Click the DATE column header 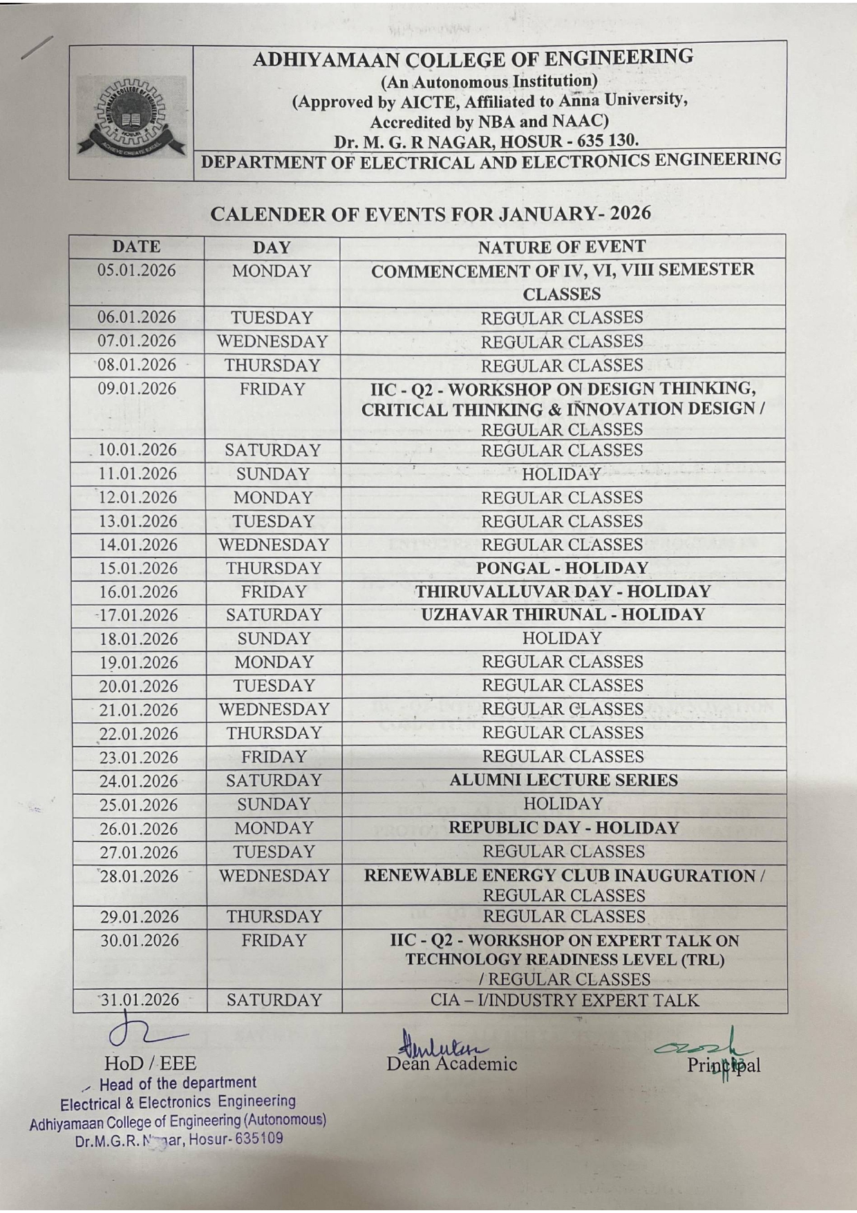136,247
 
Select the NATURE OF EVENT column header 561,247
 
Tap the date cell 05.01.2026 136,271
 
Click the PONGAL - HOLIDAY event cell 562,568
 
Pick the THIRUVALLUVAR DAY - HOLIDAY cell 563,592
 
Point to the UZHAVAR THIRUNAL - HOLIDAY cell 563,615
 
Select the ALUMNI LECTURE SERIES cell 563,780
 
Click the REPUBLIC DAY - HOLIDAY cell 563,828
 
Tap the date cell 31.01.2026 140,1000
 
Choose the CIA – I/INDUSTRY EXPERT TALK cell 564,1000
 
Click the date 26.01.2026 139,828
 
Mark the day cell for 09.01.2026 272,389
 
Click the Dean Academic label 452,1064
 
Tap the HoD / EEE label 150,1063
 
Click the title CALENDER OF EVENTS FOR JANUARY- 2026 430,214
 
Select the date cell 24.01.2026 139,781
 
